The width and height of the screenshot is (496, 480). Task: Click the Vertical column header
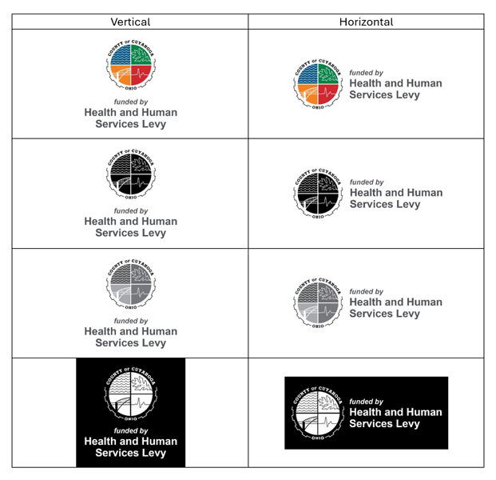(130, 22)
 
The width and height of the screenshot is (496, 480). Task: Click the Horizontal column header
(366, 22)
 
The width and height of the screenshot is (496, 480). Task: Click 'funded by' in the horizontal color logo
(366, 73)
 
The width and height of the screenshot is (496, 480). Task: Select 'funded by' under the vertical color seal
(131, 102)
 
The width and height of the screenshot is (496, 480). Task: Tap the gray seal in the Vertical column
(131, 284)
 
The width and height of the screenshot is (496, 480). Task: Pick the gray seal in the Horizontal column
(319, 302)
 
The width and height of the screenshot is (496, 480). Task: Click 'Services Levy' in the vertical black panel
(131, 453)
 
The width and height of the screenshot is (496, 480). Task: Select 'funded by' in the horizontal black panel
(366, 402)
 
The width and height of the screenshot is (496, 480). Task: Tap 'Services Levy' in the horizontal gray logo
(385, 314)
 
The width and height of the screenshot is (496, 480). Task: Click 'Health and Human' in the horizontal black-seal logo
(395, 193)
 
